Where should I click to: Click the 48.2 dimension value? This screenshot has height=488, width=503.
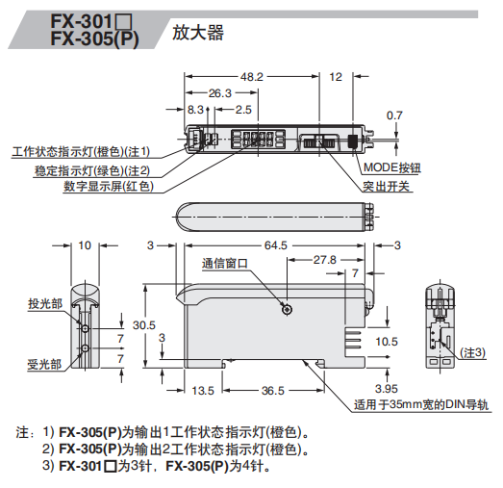click(252, 76)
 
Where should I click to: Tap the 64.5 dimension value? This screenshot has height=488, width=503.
click(277, 246)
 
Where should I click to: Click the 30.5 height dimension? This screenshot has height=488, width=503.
click(144, 325)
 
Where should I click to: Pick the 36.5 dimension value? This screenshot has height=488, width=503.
click(273, 390)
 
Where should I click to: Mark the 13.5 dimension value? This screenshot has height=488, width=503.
click(203, 390)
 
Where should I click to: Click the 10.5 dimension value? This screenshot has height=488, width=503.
click(386, 341)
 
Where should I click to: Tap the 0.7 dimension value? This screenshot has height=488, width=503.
click(393, 116)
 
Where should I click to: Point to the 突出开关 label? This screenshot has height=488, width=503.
click(387, 185)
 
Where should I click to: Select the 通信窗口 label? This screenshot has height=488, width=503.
click(226, 263)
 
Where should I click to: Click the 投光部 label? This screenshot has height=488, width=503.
click(45, 303)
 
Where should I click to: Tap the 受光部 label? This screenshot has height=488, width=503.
click(45, 365)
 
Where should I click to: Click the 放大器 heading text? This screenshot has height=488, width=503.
click(198, 33)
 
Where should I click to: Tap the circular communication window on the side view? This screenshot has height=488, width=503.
click(286, 309)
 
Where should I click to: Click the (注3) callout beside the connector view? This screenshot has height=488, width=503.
click(472, 351)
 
